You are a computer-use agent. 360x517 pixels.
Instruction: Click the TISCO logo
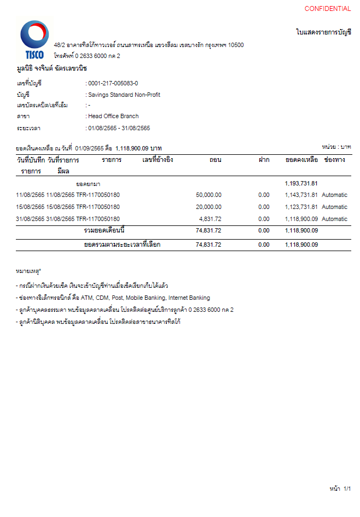point(34,39)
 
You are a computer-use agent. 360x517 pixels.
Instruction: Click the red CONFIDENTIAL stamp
point(327,9)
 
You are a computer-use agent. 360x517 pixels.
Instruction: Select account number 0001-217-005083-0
point(113,83)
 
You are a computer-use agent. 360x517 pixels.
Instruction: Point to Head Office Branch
point(113,116)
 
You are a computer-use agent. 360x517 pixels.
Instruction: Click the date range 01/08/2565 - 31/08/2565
point(119,128)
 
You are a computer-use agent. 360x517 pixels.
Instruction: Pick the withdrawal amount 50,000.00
point(208,195)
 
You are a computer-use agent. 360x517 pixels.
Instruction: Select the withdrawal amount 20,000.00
point(208,207)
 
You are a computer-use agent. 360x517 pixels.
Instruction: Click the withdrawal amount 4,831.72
point(210,219)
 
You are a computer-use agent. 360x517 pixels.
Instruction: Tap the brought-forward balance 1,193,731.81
point(301,184)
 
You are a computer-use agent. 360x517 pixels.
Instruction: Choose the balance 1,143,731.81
point(301,195)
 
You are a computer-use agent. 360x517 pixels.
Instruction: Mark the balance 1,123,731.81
point(301,207)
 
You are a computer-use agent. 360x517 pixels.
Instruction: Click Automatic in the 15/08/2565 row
point(334,207)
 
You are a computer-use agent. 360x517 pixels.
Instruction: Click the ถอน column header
point(215,160)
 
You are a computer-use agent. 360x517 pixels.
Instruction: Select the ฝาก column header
point(264,160)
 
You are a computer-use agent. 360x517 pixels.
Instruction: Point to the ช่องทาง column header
point(334,160)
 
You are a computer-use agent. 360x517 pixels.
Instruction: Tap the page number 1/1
point(347,488)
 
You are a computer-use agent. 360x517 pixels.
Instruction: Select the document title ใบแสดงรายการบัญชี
point(323,32)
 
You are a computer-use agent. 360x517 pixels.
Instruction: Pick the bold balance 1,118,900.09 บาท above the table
point(138,148)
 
